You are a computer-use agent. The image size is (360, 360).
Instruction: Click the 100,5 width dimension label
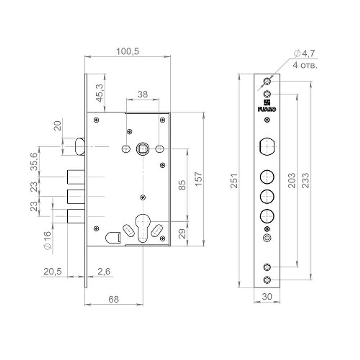(127, 51)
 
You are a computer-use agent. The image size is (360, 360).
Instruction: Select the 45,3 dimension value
(100, 93)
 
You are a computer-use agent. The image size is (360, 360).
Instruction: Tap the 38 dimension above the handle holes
(143, 94)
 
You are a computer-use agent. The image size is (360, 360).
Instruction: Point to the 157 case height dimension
(199, 179)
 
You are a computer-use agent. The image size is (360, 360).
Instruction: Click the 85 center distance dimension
(182, 185)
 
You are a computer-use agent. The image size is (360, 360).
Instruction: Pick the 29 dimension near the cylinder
(182, 234)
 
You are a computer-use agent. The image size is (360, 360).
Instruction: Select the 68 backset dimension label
(113, 299)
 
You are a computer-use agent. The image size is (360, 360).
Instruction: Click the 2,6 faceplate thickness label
(104, 271)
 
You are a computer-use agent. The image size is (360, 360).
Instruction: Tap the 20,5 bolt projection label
(53, 271)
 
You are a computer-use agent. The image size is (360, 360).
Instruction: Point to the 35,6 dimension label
(34, 162)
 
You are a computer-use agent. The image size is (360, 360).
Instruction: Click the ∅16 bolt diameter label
(47, 240)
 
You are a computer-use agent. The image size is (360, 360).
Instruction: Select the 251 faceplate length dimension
(234, 181)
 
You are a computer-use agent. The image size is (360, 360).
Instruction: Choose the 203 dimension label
(292, 181)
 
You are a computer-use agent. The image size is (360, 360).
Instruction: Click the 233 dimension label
(305, 181)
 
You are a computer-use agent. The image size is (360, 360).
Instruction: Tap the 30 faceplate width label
(267, 297)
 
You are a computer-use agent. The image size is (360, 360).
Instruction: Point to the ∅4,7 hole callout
(305, 54)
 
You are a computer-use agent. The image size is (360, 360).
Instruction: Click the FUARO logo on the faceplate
(267, 106)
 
